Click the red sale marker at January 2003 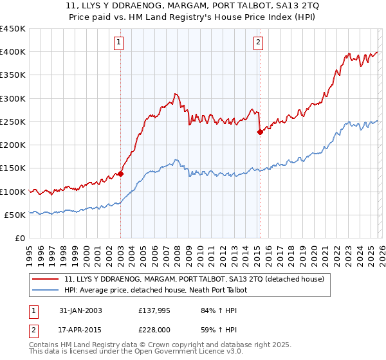[x=120, y=174]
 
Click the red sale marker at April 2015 [x=260, y=132]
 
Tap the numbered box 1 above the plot [x=120, y=43]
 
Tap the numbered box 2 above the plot [x=258, y=43]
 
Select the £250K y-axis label [x=12, y=122]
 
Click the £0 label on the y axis [x=19, y=239]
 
